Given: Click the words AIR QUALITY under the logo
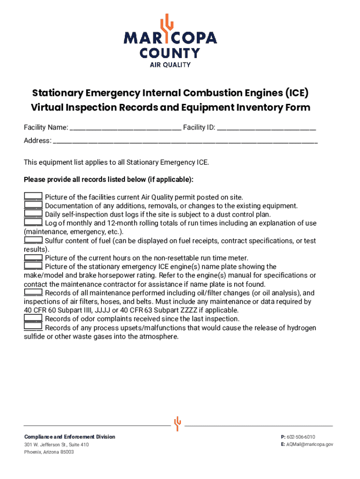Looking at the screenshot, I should coord(170,65).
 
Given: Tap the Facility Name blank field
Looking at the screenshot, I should coord(125,127).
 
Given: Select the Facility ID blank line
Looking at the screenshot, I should coord(266,127).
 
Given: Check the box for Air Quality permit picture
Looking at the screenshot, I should coord(33,197).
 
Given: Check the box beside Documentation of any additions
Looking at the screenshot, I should coord(33,206).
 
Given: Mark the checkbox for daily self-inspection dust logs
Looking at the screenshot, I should coord(33,214).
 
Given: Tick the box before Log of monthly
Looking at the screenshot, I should coord(33,223).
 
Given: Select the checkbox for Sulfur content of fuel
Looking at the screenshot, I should coord(33,240).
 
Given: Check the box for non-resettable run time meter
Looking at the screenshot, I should coord(33,258).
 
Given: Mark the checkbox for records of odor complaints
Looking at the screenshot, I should coord(33,319).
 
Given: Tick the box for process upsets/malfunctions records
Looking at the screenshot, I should coord(33,327).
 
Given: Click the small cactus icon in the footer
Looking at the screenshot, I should coord(177,423).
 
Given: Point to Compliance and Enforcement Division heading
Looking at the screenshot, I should coord(70,437).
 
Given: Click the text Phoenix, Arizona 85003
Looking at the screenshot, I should coord(49,452).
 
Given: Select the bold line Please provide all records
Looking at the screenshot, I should coord(108,180).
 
